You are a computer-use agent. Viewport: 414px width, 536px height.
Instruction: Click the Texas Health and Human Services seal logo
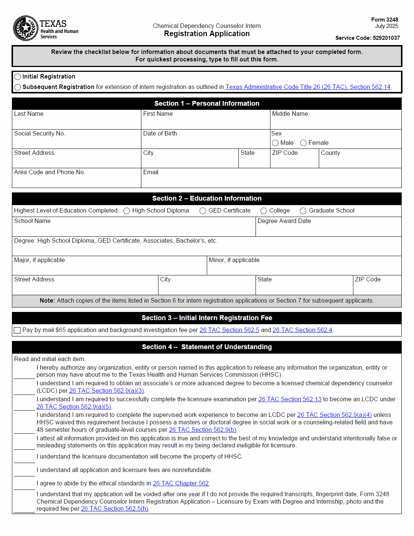26,28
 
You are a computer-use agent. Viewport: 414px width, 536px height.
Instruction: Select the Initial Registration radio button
17,77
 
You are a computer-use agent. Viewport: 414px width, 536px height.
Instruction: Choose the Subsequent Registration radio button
17,87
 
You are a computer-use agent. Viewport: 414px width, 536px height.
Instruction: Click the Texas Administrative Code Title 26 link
308,87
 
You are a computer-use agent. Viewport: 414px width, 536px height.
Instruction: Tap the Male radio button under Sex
275,143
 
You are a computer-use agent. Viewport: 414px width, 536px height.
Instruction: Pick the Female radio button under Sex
303,143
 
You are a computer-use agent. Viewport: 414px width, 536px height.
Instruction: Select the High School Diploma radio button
126,211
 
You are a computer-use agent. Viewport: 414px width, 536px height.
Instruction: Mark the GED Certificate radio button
203,211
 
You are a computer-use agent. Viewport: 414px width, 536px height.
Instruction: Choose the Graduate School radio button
303,211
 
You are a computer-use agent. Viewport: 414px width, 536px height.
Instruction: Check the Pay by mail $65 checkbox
17,331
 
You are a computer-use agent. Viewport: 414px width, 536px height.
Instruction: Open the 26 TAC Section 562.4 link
302,330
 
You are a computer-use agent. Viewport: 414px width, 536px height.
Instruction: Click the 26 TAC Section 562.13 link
289,399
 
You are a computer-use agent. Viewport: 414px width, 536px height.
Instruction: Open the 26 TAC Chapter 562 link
181,484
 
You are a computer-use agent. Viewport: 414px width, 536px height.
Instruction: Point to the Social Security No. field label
39,134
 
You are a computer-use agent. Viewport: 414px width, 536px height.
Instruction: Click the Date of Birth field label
160,134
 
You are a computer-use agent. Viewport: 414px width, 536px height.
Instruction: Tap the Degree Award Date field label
284,221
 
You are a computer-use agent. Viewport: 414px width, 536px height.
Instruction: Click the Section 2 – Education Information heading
207,199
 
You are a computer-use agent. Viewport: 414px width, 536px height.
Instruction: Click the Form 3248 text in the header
384,20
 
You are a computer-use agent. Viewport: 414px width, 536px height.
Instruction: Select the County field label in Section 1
330,153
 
